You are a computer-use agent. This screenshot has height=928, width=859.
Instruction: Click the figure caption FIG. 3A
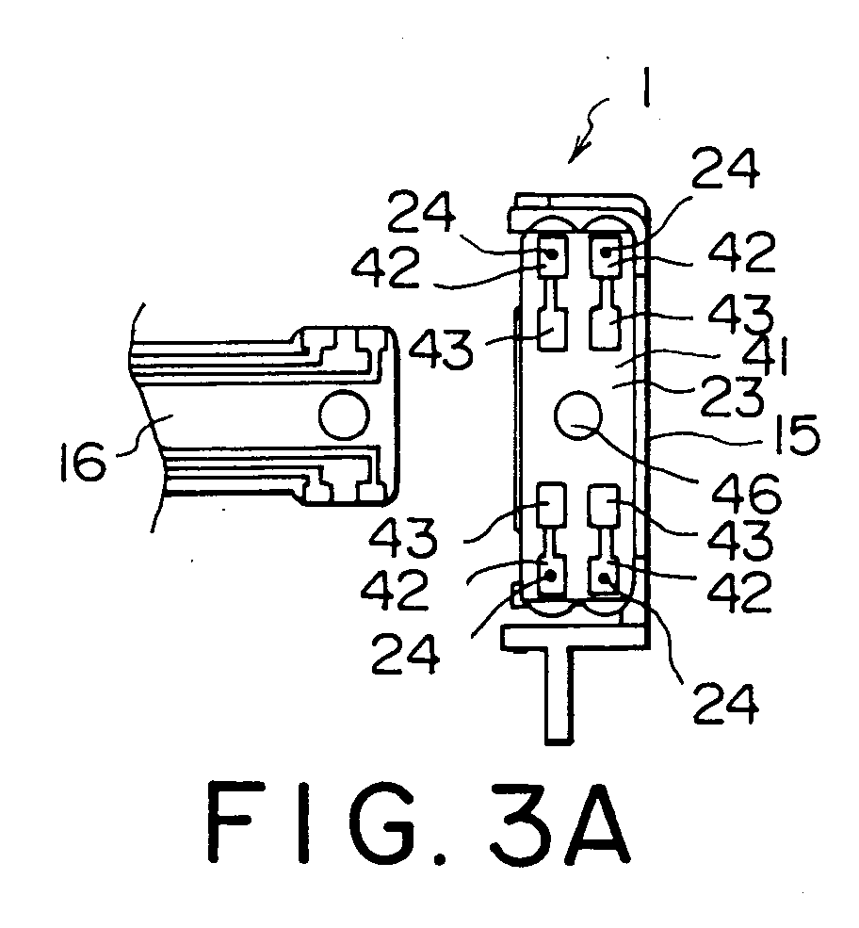(419, 823)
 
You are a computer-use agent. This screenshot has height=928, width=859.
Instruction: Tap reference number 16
(84, 464)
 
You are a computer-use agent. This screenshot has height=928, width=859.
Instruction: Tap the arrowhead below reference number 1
(575, 153)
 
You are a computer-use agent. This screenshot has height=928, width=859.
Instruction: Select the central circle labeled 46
(578, 415)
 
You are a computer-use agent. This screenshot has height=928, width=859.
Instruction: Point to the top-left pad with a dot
(551, 254)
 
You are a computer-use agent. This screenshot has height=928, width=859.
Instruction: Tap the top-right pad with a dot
(606, 254)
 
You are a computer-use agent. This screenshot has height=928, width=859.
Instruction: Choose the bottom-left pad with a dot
(551, 575)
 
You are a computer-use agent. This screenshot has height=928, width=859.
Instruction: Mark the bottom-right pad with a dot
(605, 577)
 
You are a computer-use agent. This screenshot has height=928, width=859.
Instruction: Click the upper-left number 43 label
(442, 349)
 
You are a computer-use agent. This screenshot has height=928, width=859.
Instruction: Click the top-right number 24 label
(726, 168)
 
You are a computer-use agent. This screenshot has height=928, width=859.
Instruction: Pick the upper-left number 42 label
(385, 268)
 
